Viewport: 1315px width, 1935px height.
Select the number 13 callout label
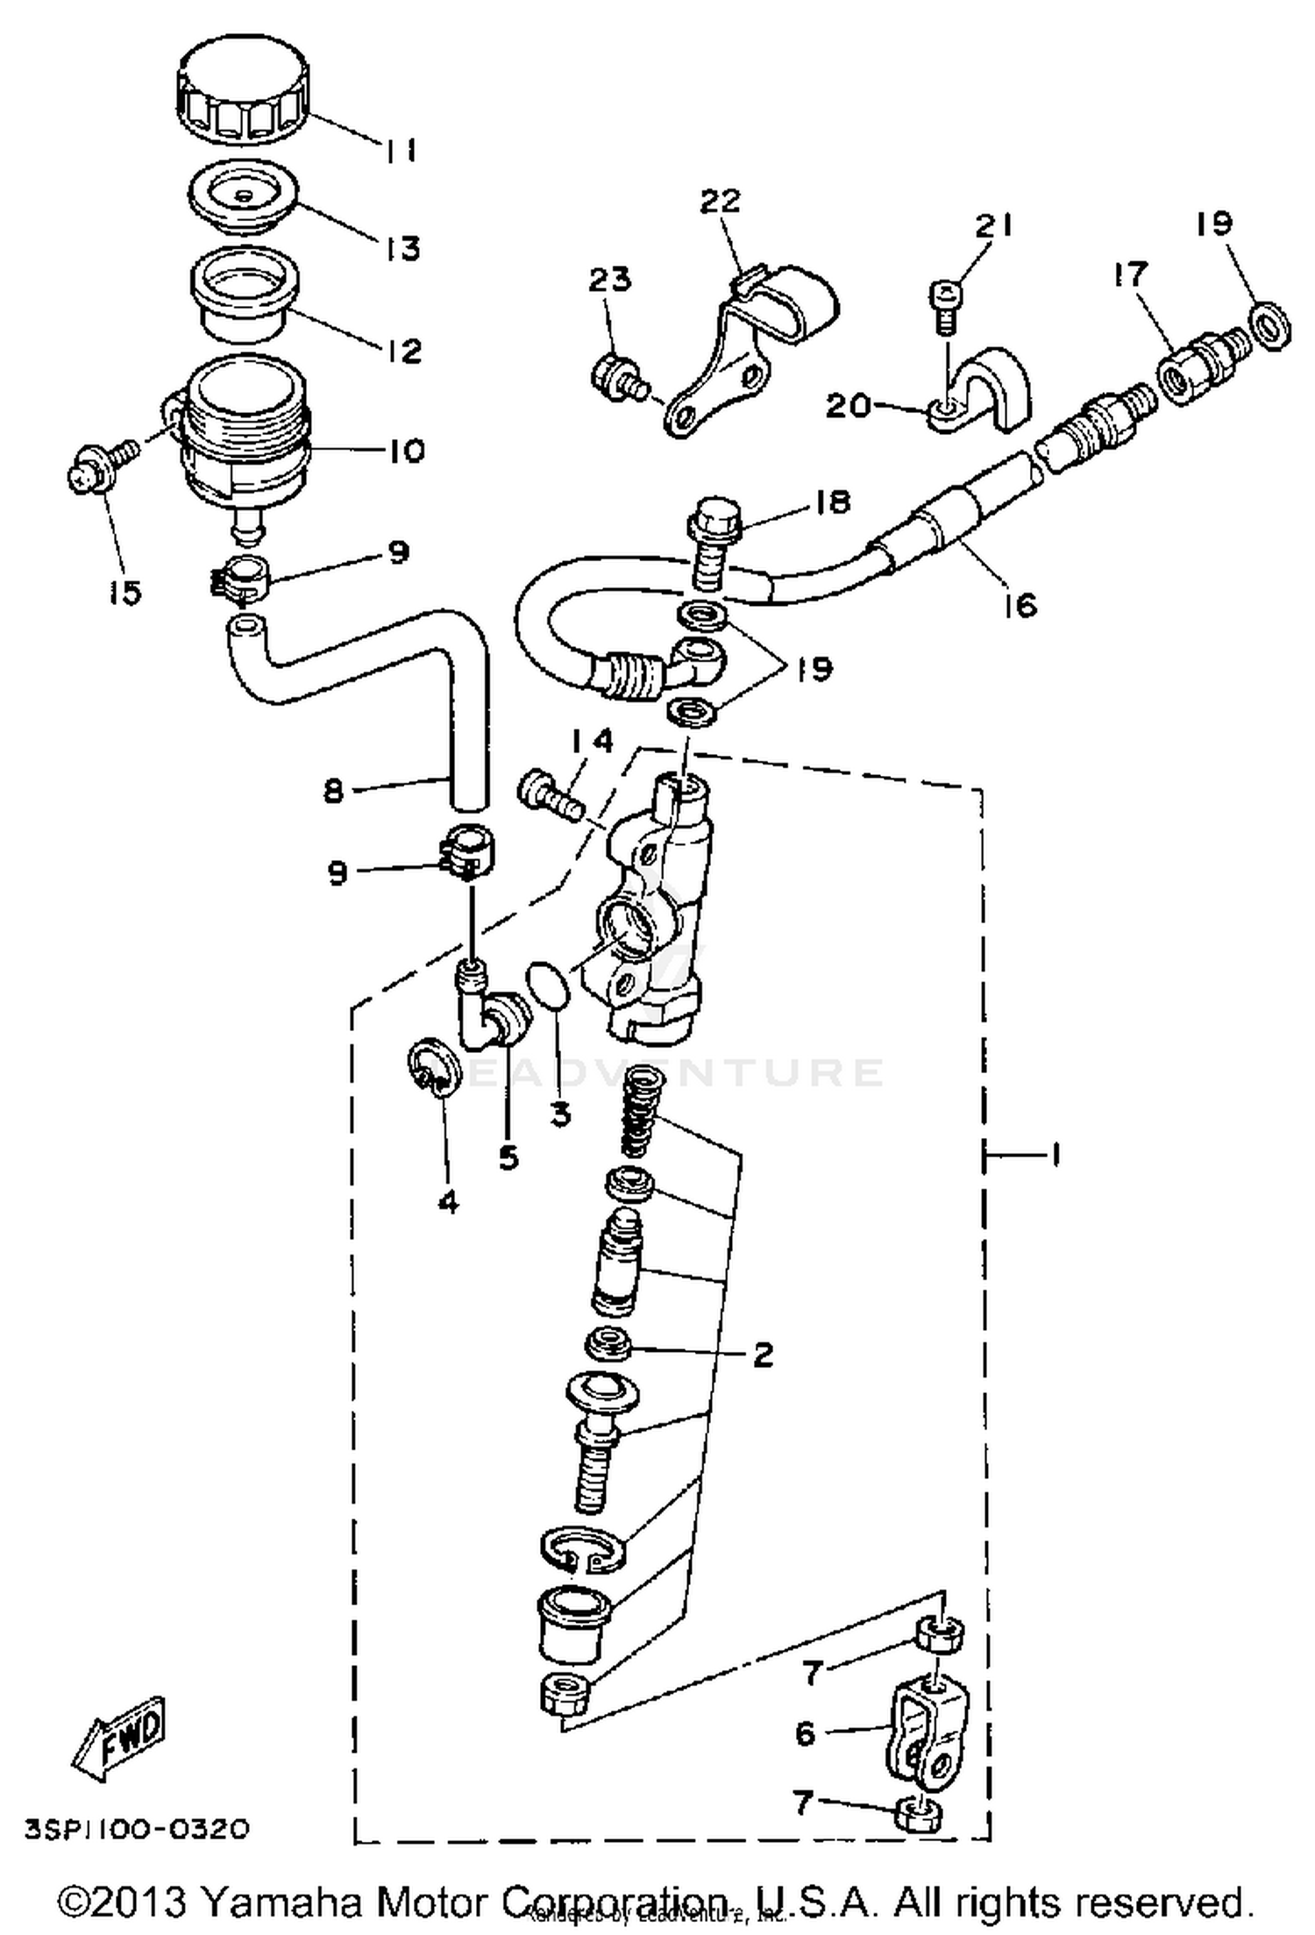coord(402,248)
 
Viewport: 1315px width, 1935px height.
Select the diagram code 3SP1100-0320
coord(137,1829)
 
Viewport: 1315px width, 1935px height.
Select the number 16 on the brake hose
coord(1020,604)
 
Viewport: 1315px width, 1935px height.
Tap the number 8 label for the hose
coord(333,791)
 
